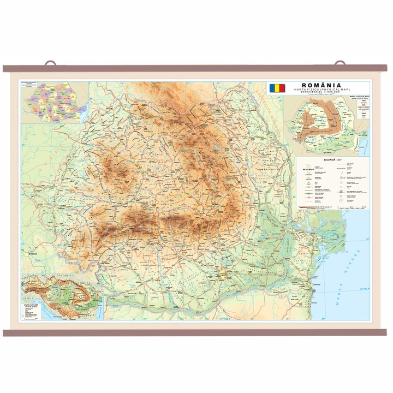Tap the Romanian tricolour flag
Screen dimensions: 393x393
coord(276,88)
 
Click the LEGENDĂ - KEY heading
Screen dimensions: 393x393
coord(332,159)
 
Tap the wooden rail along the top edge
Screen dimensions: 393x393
coord(196,69)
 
